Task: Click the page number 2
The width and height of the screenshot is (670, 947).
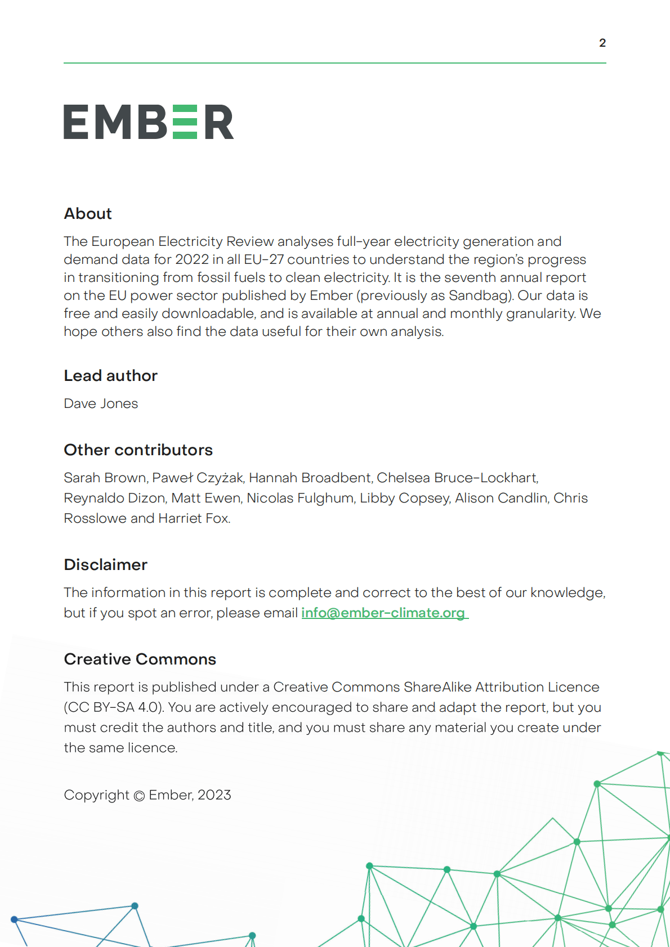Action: pos(602,43)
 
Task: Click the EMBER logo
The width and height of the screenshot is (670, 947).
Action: pos(149,122)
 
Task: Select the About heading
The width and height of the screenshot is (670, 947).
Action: pos(88,214)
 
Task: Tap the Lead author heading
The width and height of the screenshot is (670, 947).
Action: pos(110,376)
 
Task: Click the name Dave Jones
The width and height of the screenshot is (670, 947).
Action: pos(101,403)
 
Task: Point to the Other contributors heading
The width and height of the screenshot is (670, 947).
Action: pos(138,450)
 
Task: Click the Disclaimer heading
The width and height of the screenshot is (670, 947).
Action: pos(105,565)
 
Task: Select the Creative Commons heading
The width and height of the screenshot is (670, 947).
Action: pos(140,659)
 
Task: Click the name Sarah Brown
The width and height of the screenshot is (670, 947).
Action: pos(105,478)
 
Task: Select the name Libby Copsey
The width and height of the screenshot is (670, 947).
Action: pos(404,498)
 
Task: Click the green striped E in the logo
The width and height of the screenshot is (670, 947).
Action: pos(185,122)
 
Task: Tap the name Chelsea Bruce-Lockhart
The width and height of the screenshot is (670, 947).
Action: pos(457,478)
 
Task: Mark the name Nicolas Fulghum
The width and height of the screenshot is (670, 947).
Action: pos(300,498)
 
